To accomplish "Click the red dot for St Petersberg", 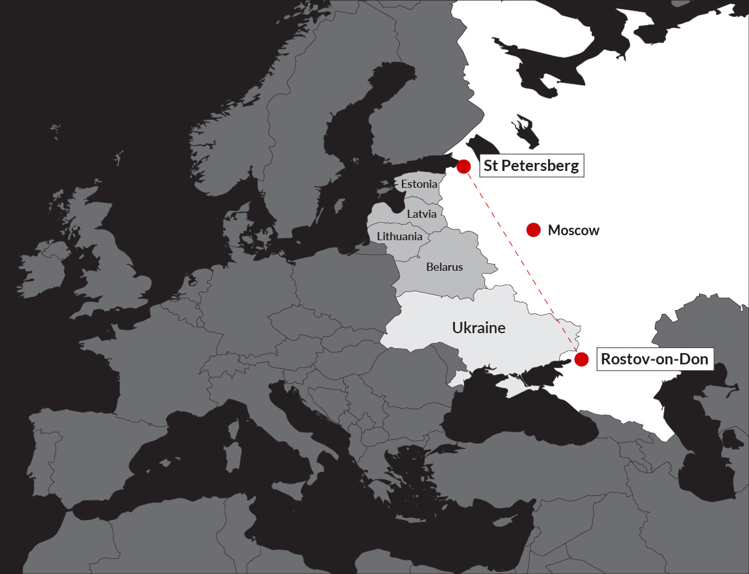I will (x=464, y=167).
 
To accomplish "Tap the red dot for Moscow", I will (x=533, y=230).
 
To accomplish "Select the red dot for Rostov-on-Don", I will (x=581, y=359).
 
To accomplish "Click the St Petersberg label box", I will (x=532, y=166).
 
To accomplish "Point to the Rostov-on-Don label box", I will (x=655, y=359).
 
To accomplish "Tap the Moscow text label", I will (x=574, y=230).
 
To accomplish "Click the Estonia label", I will (x=419, y=184).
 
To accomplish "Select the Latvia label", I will (x=422, y=213).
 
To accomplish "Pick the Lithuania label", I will (x=399, y=236).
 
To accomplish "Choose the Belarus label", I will (x=444, y=267).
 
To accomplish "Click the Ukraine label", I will (x=479, y=328).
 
